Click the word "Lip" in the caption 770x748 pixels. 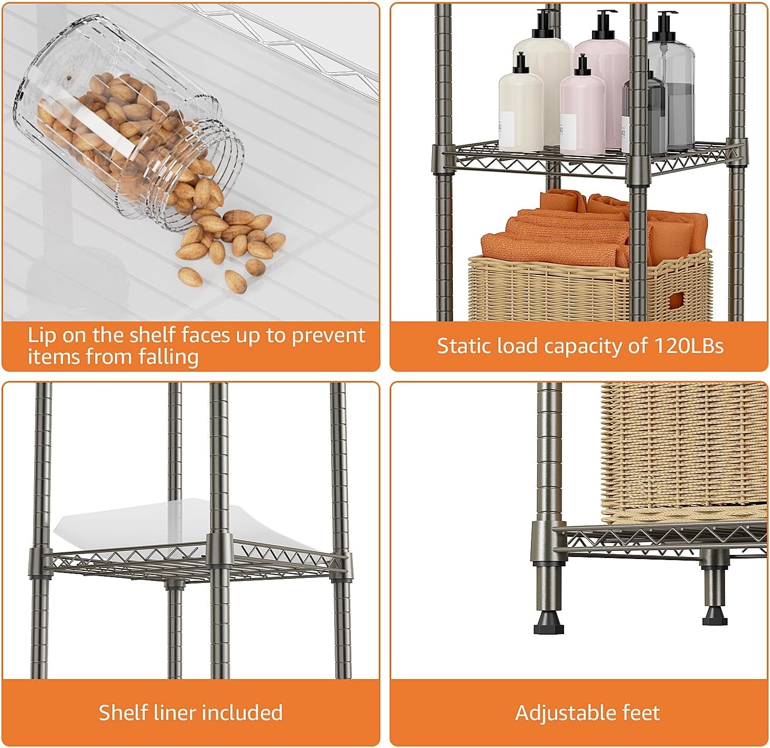(41, 335)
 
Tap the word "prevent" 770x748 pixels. (328, 335)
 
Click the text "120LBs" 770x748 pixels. (688, 346)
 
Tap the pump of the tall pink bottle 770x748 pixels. (603, 26)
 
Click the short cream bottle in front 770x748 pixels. (521, 107)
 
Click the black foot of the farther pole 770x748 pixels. (715, 615)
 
